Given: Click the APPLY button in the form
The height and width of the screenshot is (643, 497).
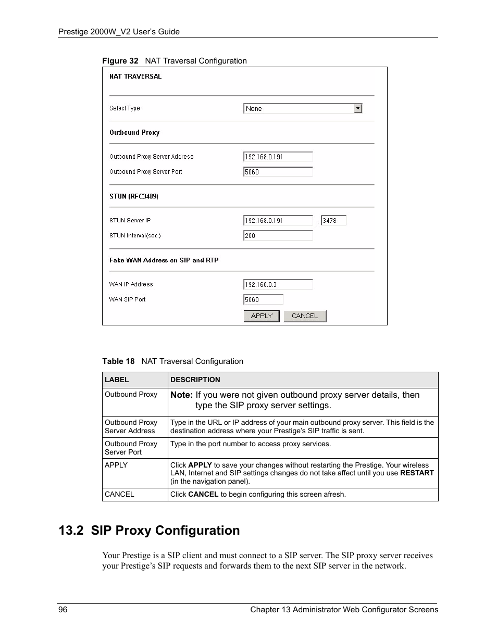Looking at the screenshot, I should click(x=262, y=316).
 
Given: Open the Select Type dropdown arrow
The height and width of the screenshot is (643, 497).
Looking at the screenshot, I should click(x=358, y=108).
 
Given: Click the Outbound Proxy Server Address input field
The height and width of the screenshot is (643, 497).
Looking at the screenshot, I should click(x=278, y=157).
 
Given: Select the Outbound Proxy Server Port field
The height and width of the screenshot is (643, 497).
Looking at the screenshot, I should click(x=278, y=172).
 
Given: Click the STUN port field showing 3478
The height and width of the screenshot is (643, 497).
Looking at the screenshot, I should click(x=333, y=221).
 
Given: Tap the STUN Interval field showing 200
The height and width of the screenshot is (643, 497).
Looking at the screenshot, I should click(x=278, y=236).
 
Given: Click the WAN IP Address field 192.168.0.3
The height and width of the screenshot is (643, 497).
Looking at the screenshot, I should click(x=278, y=285).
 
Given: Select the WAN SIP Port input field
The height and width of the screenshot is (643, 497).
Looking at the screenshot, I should click(x=263, y=300).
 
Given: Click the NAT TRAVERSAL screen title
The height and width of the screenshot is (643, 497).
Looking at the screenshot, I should click(x=135, y=77).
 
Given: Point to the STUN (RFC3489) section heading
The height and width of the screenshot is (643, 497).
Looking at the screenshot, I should click(x=134, y=196).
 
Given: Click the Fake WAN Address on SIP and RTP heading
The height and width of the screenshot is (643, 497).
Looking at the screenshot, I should click(x=164, y=260).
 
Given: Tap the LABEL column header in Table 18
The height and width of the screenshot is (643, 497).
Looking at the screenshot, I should click(x=117, y=380).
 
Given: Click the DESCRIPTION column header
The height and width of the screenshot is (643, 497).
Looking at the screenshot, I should click(x=195, y=380).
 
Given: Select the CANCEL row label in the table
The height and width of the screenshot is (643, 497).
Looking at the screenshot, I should click(x=119, y=495).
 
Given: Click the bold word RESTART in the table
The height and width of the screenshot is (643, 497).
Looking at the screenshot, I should click(x=417, y=473).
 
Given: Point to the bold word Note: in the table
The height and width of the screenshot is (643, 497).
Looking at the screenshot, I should click(x=181, y=395).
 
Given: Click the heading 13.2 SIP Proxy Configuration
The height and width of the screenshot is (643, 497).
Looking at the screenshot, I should click(x=150, y=531).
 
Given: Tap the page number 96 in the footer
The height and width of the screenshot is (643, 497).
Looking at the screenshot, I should click(x=63, y=610).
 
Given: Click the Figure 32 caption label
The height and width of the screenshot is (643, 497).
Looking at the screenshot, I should click(x=120, y=61).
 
